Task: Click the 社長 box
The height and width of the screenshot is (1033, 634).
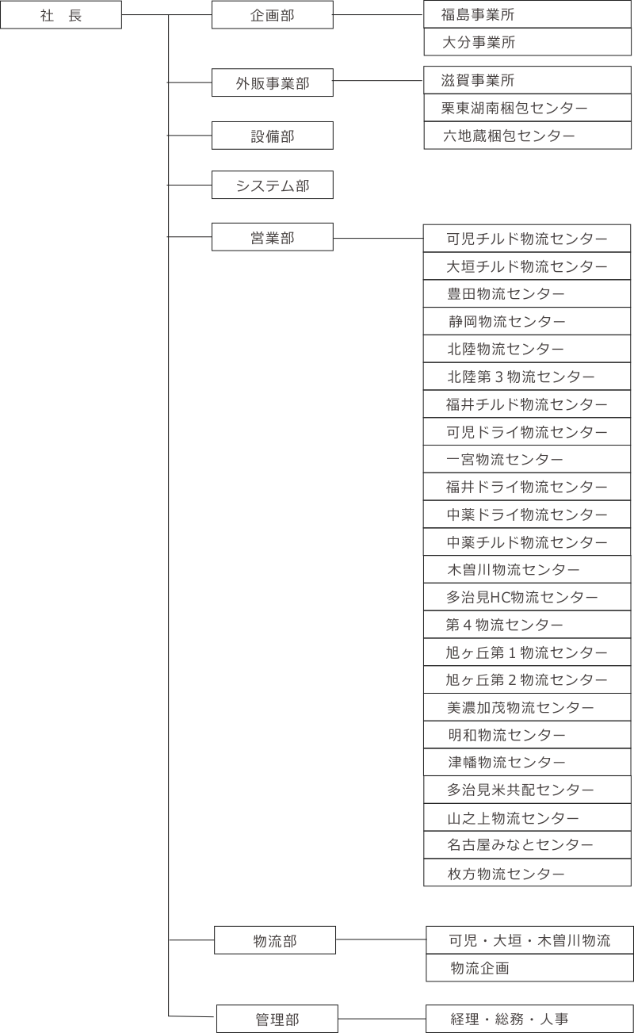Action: (x=61, y=15)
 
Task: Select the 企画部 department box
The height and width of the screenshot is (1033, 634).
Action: (x=273, y=15)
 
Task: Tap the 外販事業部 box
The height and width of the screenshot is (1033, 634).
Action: (x=273, y=82)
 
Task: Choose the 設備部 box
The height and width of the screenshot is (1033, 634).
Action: (x=273, y=136)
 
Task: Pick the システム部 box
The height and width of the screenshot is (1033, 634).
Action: (x=273, y=185)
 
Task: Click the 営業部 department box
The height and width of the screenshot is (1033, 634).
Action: (x=273, y=237)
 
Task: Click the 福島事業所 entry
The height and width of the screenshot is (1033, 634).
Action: (x=528, y=15)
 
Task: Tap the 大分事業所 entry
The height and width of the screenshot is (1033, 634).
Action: (x=528, y=42)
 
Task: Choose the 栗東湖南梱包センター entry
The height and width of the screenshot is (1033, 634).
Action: (x=528, y=108)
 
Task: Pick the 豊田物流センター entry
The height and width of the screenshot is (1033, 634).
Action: (x=527, y=294)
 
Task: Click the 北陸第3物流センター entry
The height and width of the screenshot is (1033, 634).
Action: (x=527, y=377)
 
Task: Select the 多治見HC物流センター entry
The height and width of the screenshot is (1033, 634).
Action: (x=527, y=597)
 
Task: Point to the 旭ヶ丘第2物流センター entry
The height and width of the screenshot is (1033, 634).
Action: (x=527, y=679)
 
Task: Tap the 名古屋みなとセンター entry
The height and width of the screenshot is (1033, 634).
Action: (x=527, y=845)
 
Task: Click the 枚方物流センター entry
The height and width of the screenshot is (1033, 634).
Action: (x=527, y=873)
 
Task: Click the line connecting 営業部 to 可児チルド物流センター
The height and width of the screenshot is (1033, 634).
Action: (x=378, y=239)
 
